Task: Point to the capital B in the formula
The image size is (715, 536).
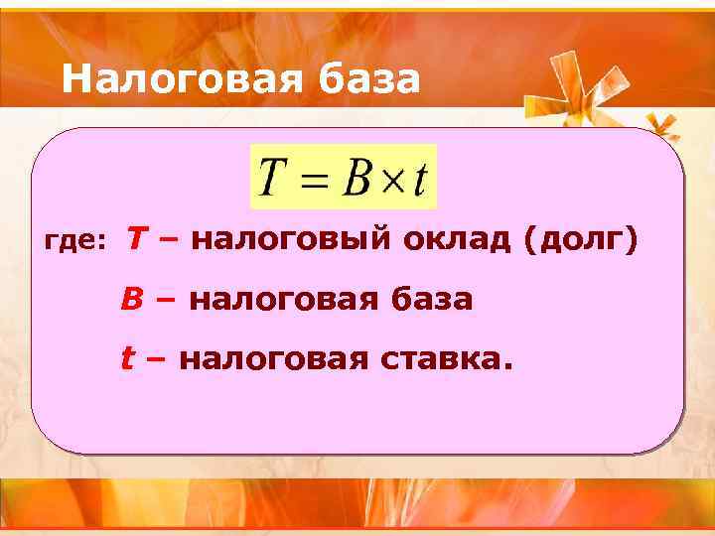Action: point(356,179)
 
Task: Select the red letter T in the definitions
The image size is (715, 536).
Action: point(139,238)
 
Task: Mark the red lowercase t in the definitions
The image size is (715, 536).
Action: point(127,357)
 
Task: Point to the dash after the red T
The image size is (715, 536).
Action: point(168,239)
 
